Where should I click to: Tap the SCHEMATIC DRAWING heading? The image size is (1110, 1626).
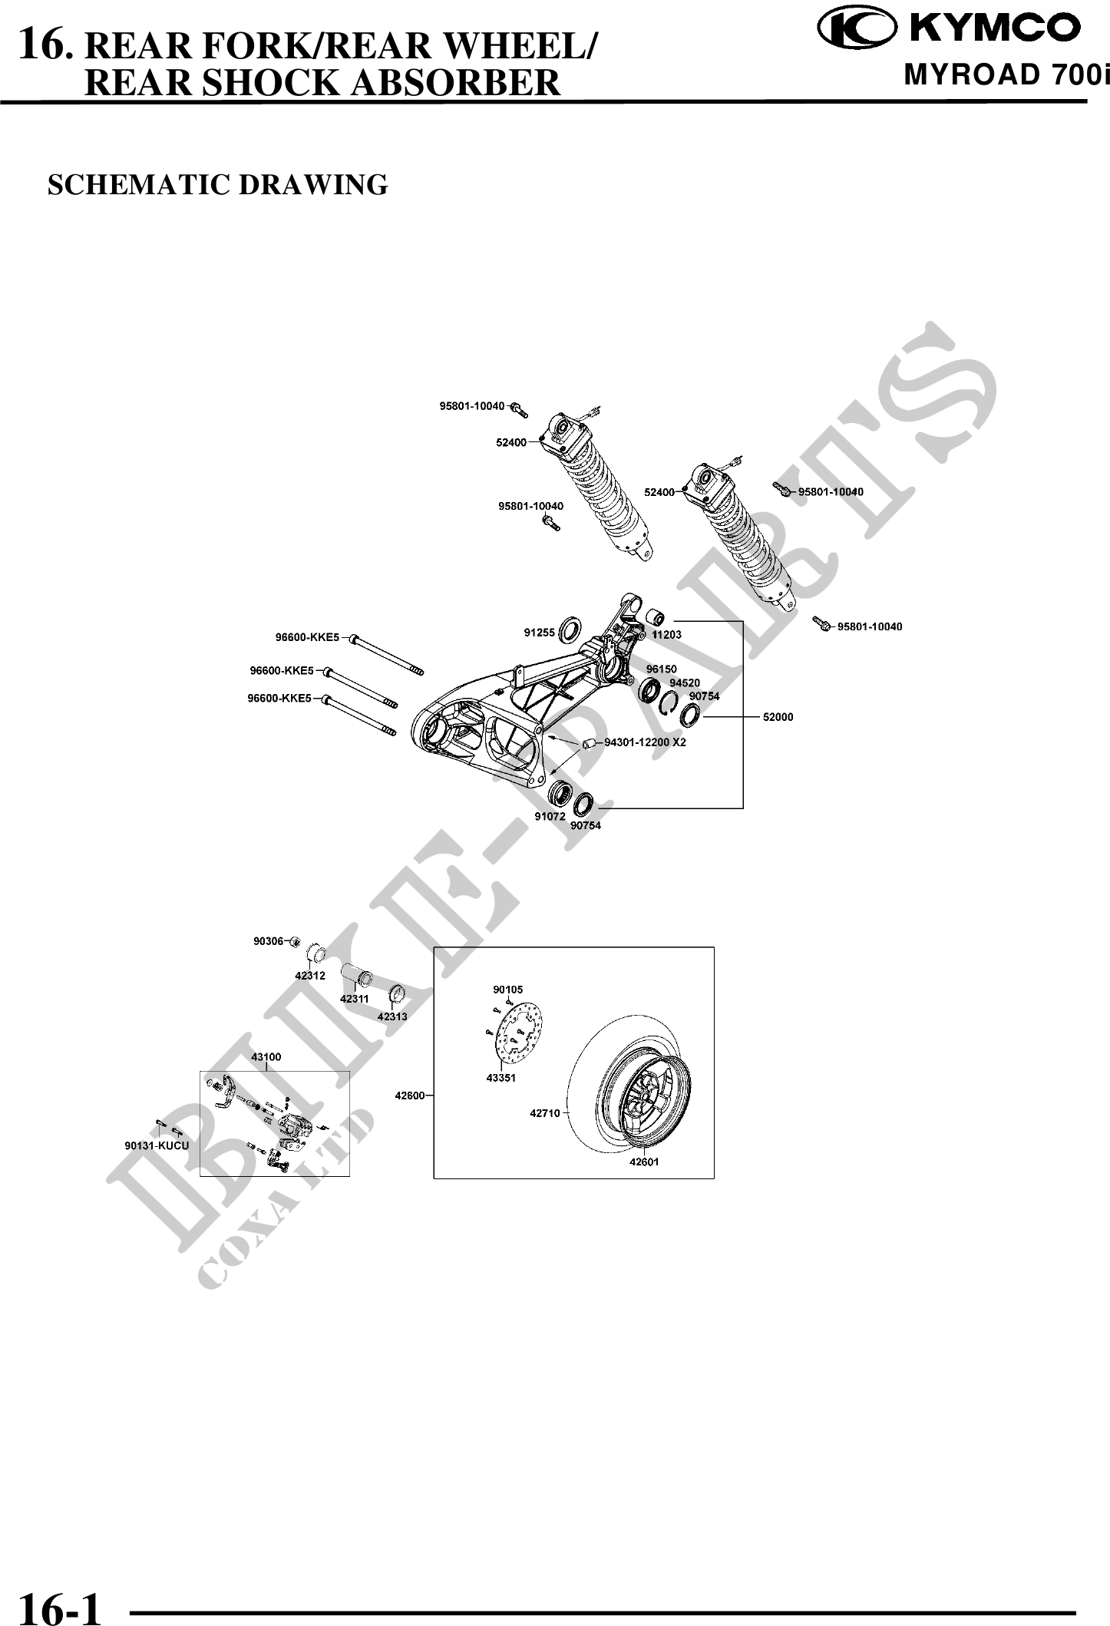coord(218,185)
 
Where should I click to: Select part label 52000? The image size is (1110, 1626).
coord(778,717)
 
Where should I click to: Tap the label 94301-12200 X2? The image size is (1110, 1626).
coord(645,742)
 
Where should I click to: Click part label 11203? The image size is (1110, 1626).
coord(666,635)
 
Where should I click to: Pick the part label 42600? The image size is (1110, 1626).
coord(409,1096)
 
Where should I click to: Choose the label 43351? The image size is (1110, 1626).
coord(500,1078)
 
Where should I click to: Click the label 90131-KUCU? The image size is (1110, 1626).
coord(157,1145)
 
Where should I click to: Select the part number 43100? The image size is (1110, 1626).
coord(266,1056)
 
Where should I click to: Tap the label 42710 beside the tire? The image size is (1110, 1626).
coord(544,1112)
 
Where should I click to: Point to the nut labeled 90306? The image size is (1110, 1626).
coord(294,941)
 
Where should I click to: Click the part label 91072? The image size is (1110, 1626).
coord(550,817)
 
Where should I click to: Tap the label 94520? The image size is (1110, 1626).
coord(684,682)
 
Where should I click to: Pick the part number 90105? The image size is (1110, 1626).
coord(507,990)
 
